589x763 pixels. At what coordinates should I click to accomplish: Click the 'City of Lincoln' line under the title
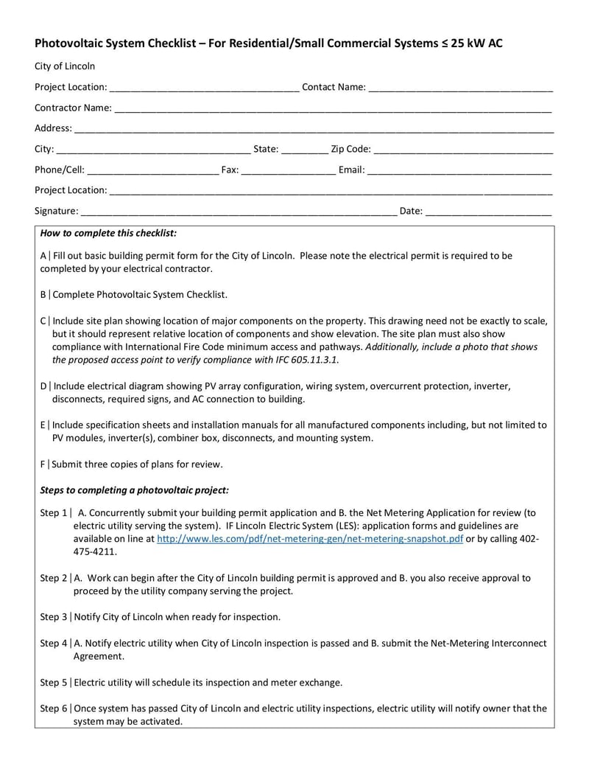[65, 66]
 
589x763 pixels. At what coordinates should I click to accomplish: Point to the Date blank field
[489, 212]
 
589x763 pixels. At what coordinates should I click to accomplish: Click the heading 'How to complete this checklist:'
[108, 234]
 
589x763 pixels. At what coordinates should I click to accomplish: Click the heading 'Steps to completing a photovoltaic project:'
[134, 490]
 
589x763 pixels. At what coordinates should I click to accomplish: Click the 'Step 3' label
[54, 616]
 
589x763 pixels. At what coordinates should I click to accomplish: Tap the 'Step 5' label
[54, 681]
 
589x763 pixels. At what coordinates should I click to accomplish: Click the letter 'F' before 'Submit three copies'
[43, 464]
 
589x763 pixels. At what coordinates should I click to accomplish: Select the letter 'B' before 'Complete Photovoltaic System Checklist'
[43, 295]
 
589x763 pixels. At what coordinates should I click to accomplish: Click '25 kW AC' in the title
[479, 43]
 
